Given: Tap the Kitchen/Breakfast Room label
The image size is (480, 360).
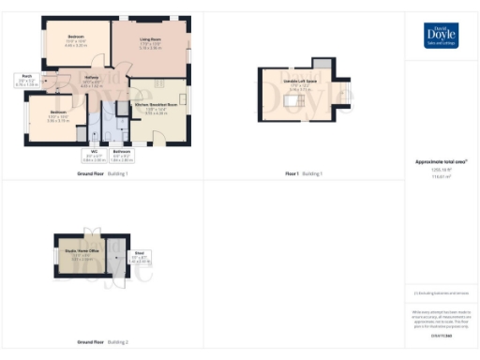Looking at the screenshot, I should [157, 107].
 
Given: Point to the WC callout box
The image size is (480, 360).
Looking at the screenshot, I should [95, 153].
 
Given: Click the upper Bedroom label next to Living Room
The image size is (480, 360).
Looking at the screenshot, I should [76, 40].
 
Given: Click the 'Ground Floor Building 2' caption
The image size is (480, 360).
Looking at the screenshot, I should [102, 344].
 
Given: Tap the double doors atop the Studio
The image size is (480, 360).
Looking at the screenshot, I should [91, 232].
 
